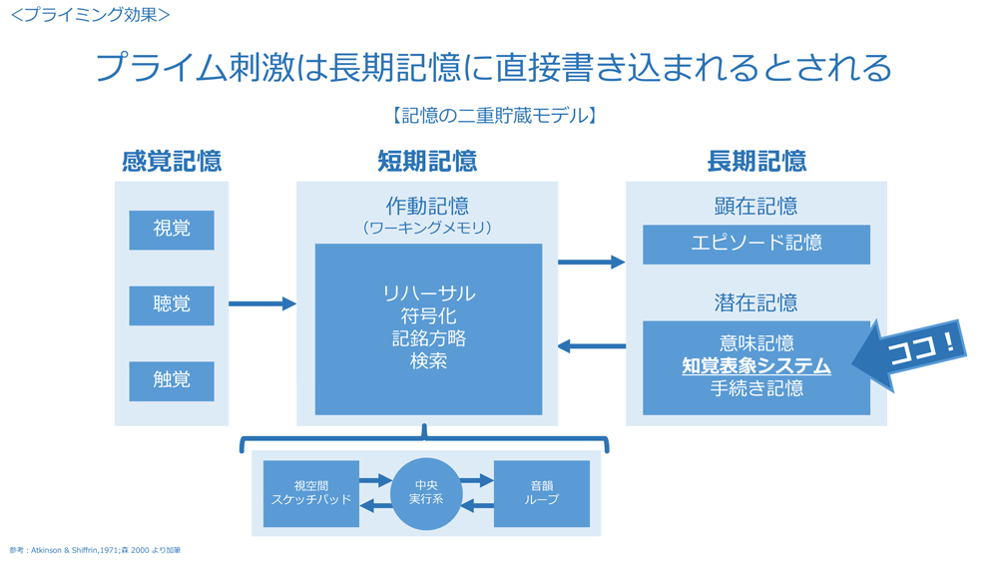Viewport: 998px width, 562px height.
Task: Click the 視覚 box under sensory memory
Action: coord(172,230)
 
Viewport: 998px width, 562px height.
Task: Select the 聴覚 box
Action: coord(172,305)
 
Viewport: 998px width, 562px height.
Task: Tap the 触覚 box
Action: coord(172,381)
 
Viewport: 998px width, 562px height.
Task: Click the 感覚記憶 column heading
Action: coord(172,161)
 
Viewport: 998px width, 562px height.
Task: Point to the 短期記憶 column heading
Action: coord(427,161)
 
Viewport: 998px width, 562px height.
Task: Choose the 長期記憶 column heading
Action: coord(756,161)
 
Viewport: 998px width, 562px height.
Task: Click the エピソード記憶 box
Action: coord(756,244)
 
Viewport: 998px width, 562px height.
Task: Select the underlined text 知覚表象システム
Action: coord(756,366)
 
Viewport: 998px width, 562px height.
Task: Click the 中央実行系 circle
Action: coord(427,493)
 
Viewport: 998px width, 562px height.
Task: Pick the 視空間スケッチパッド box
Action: coord(311,493)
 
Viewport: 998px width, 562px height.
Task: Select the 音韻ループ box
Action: coord(542,493)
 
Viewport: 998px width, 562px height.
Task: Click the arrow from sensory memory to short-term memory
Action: coord(261,303)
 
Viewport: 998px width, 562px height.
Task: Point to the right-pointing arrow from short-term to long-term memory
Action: coord(591,263)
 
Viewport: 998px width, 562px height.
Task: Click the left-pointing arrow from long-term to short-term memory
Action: coord(591,346)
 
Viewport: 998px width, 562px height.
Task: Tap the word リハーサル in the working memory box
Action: coord(428,293)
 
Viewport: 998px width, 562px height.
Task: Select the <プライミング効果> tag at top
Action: coord(90,15)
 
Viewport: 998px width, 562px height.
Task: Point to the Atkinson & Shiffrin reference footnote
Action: coord(95,550)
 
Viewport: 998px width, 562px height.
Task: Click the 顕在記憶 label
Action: coord(756,207)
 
